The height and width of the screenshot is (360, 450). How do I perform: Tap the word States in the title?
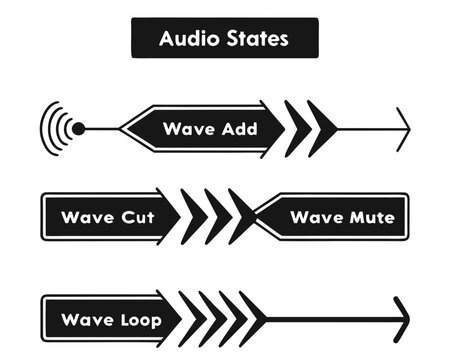click(x=258, y=39)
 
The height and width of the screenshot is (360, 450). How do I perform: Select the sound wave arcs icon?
click(x=55, y=128)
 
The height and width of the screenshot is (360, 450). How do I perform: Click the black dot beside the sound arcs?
click(x=79, y=128)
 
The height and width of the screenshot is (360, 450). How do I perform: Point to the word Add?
click(x=238, y=129)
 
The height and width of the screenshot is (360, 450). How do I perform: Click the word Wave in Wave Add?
click(x=190, y=129)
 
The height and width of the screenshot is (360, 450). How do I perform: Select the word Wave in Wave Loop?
click(x=85, y=320)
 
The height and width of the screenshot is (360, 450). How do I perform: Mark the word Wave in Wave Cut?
click(x=86, y=217)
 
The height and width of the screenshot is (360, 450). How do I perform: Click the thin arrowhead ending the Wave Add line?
click(x=403, y=128)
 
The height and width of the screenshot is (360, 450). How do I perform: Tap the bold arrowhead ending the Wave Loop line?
click(x=401, y=320)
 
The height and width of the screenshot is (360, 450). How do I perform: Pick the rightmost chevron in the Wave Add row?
click(x=321, y=128)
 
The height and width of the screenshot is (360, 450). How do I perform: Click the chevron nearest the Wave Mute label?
click(x=241, y=217)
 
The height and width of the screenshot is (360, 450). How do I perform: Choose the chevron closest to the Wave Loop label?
click(x=191, y=320)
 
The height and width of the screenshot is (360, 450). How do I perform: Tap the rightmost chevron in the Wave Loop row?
click(x=252, y=320)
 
